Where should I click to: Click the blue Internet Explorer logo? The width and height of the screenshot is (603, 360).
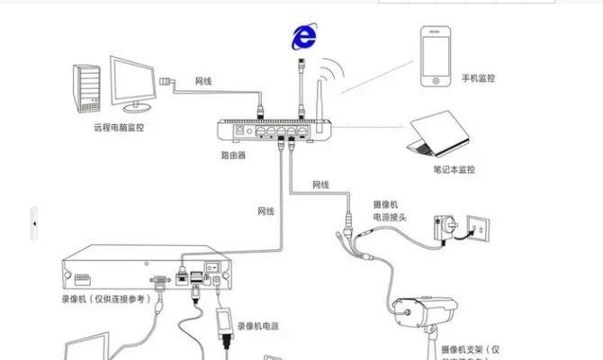point(304,36)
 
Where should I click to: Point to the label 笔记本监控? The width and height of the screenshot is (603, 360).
point(454,169)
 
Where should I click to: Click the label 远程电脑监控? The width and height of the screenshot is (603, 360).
point(118,128)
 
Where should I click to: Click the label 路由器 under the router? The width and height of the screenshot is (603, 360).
point(233,155)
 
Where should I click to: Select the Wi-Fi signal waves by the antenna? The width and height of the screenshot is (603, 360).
point(334,73)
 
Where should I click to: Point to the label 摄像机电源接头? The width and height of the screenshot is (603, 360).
point(390,211)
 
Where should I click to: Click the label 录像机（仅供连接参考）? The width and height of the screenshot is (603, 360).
point(103,298)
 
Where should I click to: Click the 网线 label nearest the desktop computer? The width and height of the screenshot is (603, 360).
point(203,81)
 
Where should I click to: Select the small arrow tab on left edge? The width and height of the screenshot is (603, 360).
point(34,222)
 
